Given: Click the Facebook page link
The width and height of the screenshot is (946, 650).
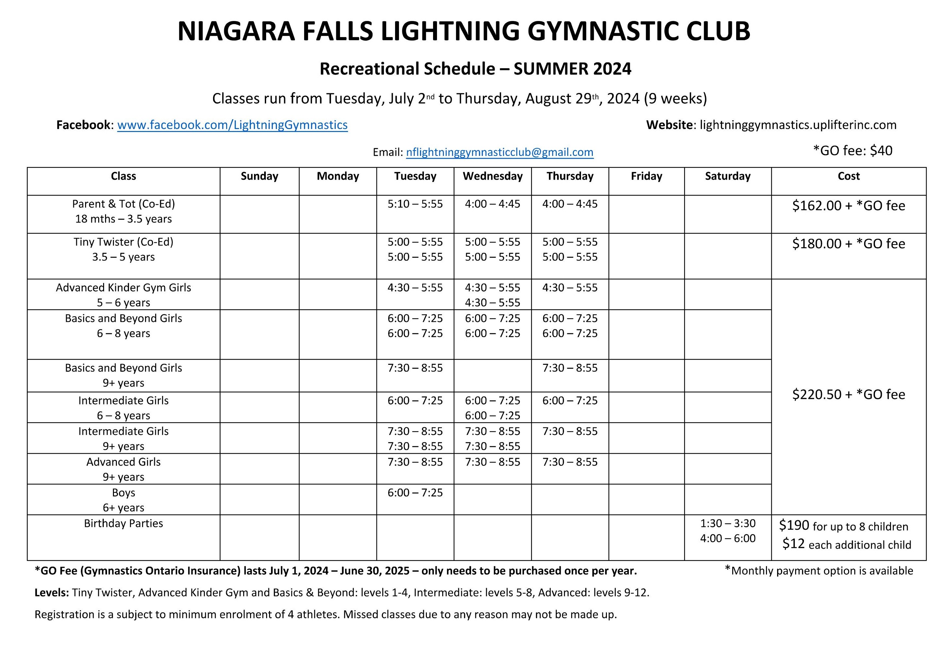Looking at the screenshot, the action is click(232, 125).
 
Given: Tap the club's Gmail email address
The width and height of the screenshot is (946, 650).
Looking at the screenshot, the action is click(500, 152).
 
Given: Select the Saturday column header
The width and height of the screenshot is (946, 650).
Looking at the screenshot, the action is click(727, 176).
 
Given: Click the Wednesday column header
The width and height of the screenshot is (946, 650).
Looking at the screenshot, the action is click(493, 176).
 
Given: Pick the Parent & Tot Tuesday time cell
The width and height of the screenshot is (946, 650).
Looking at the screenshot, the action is click(415, 204).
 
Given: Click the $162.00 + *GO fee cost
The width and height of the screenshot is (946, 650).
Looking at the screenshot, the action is click(848, 206).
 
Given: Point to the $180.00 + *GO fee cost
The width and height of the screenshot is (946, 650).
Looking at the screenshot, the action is click(848, 244).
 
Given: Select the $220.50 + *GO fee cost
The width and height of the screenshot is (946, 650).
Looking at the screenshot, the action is click(848, 394).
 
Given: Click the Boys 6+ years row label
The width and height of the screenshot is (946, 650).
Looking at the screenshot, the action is click(123, 500).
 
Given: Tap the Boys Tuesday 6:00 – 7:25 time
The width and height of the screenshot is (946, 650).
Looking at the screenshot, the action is click(415, 493).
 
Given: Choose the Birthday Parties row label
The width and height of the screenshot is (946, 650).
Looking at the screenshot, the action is click(123, 523).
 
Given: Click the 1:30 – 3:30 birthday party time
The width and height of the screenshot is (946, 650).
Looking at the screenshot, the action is click(727, 523).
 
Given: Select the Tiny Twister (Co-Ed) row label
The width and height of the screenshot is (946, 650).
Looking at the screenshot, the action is click(123, 242).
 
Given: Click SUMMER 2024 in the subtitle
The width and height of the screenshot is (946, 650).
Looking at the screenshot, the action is click(572, 69).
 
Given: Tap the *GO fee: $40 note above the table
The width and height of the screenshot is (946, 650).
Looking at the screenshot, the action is click(852, 151).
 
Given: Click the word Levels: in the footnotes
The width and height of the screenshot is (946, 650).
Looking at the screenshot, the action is click(52, 593).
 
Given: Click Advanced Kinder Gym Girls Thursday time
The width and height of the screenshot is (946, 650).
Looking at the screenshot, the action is click(570, 288).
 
